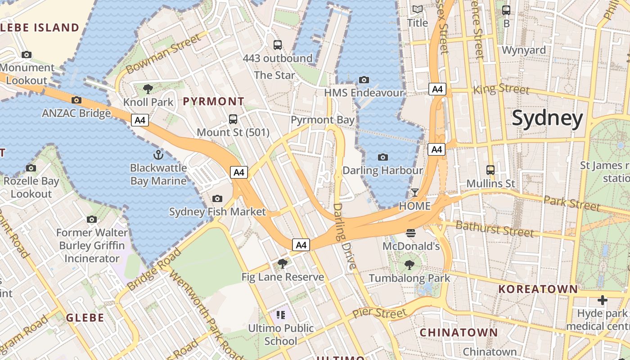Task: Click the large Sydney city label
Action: pos(547,118)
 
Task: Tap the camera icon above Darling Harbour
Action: pos(383,157)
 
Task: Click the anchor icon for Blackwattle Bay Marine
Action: pos(158,155)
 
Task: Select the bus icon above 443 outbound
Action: pos(278,45)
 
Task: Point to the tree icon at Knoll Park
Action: pos(148,89)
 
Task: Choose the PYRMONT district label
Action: pos(213,101)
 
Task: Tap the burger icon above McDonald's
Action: pos(410,233)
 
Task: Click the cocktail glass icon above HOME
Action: pos(414,193)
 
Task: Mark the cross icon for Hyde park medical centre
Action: pos(603,300)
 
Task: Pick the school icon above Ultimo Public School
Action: pos(281,315)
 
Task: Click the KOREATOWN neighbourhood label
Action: pos(538,289)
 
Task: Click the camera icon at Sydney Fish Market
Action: pos(217,198)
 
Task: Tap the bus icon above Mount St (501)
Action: pos(233,119)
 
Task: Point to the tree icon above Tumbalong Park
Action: pos(409,265)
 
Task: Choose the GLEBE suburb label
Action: pos(85,318)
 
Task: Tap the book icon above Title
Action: pos(418,9)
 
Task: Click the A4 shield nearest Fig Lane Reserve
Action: pos(301,245)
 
